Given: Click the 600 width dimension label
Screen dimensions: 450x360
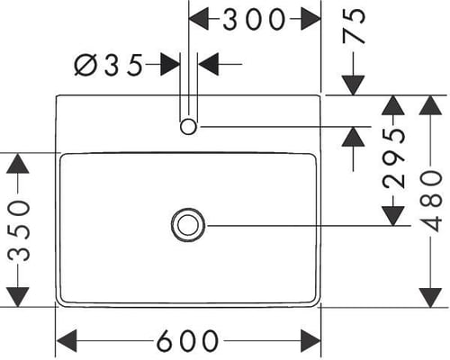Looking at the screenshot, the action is click(187, 340).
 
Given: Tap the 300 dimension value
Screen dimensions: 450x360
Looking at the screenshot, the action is click(254, 19).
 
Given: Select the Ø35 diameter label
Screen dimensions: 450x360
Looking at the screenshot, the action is click(108, 65).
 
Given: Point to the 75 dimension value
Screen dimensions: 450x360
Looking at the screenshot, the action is click(355, 25).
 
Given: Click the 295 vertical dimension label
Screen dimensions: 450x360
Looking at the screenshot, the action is click(394, 158).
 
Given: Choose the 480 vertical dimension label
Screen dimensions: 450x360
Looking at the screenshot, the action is click(431, 201).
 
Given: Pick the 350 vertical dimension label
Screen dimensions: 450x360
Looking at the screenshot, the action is click(19, 230).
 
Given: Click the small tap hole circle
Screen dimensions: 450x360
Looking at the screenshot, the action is click(188, 127).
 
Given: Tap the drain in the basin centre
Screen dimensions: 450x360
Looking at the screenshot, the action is click(188, 225).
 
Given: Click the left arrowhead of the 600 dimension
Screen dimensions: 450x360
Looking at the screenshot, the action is click(67, 340).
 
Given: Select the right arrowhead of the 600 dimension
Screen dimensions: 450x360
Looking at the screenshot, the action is click(310, 340).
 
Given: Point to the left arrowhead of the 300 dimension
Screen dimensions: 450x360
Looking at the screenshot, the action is click(198, 19).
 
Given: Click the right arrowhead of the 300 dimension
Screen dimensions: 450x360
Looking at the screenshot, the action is click(310, 19).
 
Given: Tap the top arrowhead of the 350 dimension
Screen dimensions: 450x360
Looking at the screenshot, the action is click(18, 163).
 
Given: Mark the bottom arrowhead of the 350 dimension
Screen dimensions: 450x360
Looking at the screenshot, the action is click(18, 297).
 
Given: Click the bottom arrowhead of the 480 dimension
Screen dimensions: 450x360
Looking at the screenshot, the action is click(430, 298).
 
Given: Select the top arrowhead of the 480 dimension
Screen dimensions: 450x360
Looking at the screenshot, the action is click(430, 105).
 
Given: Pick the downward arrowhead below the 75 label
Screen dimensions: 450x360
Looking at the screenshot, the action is click(354, 85).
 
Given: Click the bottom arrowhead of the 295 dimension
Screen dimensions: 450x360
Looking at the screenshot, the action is click(393, 216).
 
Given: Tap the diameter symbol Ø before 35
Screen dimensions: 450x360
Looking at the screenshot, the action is click(85, 65).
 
